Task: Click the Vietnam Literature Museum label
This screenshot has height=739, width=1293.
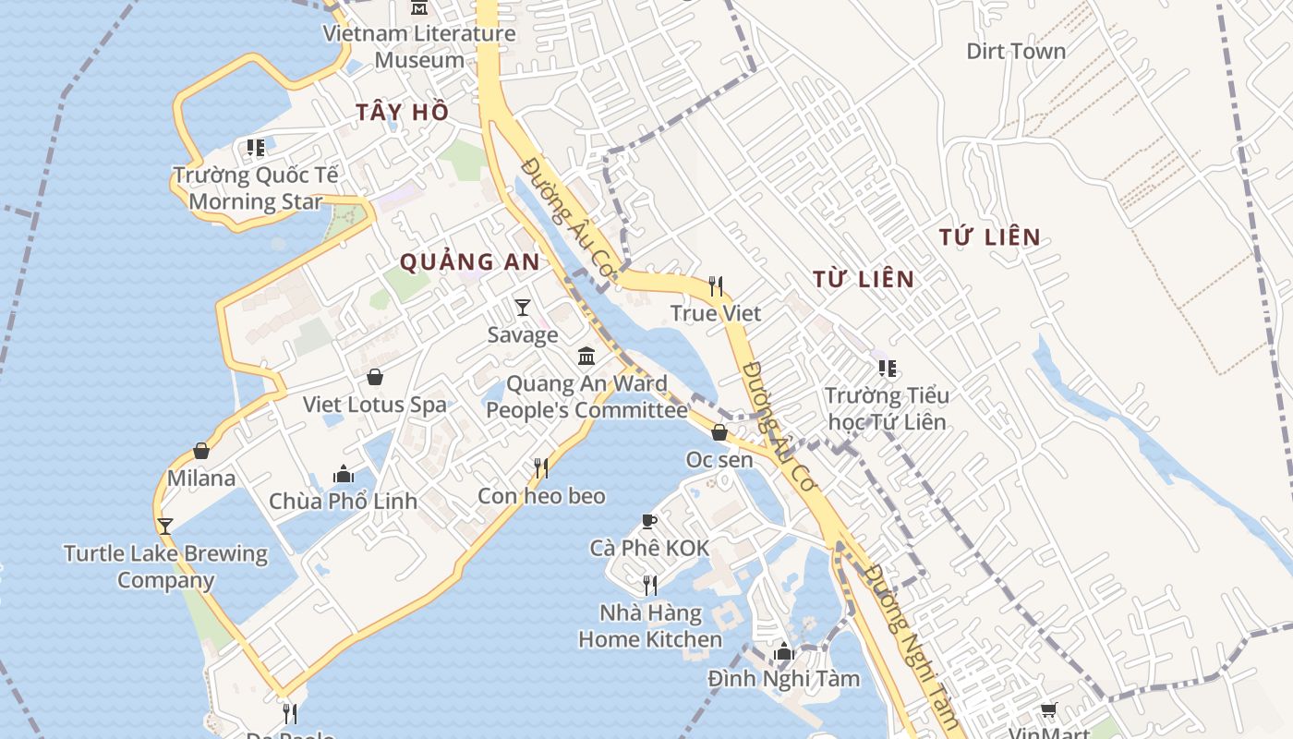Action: pos(418,46)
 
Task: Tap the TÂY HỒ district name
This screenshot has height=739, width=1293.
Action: pos(403,113)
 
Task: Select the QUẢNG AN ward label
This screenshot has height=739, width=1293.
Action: pos(469,262)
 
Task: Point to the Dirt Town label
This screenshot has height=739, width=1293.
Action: pos(1016,51)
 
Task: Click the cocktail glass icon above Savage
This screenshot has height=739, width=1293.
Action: pos(523,307)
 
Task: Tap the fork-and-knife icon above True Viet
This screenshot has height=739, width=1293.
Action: pos(716,285)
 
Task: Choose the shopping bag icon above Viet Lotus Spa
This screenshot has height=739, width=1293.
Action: pos(375,377)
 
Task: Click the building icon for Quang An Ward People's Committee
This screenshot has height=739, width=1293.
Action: pos(586,356)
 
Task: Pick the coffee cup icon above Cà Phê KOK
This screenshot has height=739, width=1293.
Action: pos(649,521)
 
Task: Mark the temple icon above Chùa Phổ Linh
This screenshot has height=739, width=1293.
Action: pos(344,474)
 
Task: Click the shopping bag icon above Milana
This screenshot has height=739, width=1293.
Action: pos(201,451)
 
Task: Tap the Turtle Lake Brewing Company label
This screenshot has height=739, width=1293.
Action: pos(166,567)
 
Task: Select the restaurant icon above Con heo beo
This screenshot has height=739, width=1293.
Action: pos(541,468)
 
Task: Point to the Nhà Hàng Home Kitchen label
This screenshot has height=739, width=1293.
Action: pos(650,625)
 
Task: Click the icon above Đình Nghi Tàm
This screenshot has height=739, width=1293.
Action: pos(784,651)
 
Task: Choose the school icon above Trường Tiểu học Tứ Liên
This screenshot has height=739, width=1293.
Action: pos(888,369)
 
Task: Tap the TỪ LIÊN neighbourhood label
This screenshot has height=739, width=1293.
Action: pos(864,279)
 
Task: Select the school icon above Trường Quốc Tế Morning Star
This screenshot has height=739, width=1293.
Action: pos(256,148)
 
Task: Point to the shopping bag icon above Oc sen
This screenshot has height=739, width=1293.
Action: pos(719,431)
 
